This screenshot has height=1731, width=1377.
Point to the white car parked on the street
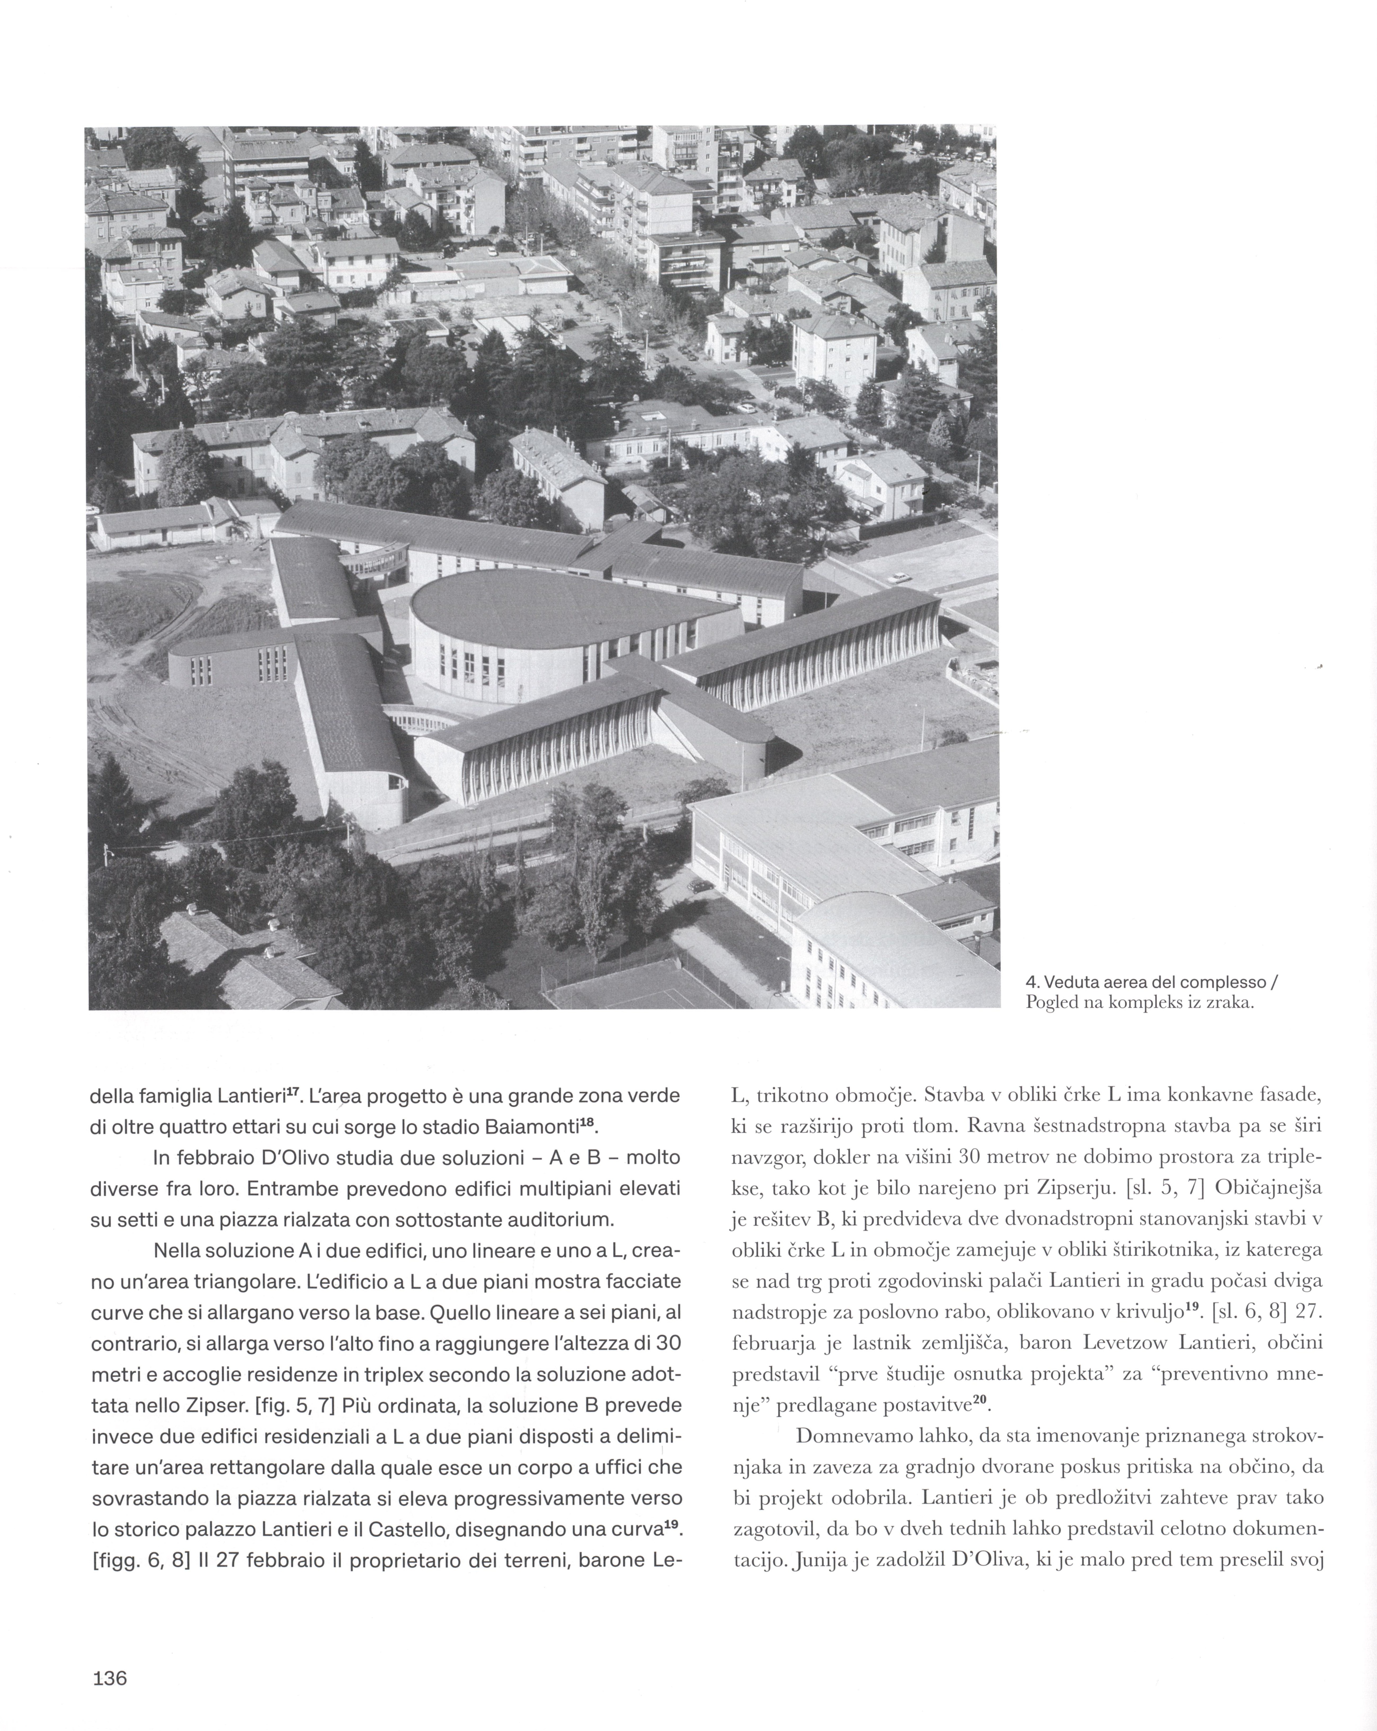pos(900,576)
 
